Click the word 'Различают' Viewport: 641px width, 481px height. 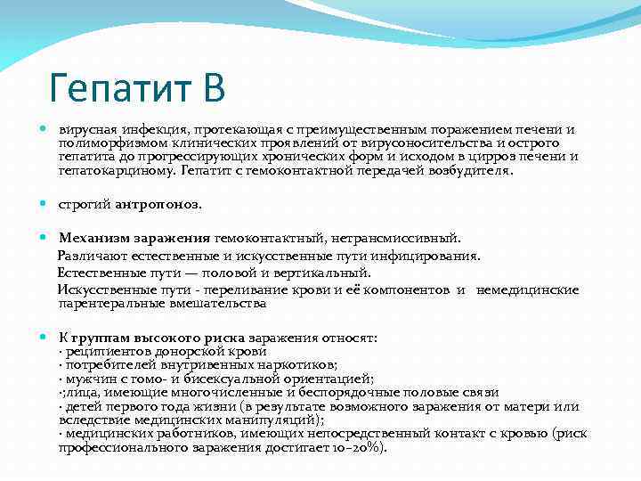pyautogui.click(x=90, y=256)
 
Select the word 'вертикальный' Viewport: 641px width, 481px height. pyautogui.click(x=329, y=273)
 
